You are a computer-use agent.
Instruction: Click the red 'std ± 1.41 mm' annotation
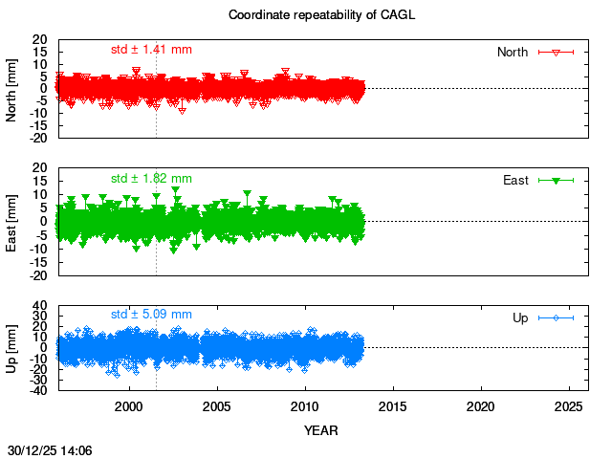point(151,49)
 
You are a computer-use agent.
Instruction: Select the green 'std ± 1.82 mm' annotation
point(151,178)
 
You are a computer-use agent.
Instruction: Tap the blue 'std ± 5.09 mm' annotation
point(151,314)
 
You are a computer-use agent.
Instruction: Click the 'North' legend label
point(513,52)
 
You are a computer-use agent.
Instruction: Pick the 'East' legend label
point(515,180)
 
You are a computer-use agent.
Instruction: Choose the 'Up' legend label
point(520,317)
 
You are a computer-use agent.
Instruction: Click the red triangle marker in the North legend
point(556,52)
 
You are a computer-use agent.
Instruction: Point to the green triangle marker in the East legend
point(556,180)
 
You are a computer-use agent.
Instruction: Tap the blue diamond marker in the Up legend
point(556,317)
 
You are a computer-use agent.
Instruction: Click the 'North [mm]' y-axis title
point(11,88)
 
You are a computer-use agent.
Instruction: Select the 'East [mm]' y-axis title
point(11,221)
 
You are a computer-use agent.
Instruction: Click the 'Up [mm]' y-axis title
point(11,347)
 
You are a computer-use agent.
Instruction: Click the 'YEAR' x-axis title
point(320,430)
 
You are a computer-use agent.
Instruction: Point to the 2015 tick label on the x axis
point(393,406)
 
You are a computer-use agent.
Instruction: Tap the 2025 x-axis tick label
point(569,406)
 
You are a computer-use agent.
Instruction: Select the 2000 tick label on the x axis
point(129,406)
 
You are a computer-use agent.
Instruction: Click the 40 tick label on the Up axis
point(41,307)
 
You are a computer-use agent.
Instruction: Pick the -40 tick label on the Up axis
point(38,389)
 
